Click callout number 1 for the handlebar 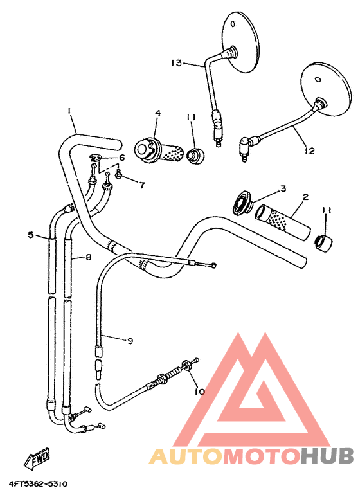(x=69, y=111)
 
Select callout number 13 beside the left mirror (x=176, y=62)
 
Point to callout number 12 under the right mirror (x=310, y=151)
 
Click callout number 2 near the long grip (x=305, y=197)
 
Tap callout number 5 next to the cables (x=30, y=235)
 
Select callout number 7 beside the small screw (x=141, y=185)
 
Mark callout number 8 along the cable (x=88, y=257)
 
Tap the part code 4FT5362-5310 (x=38, y=483)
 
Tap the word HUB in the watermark (x=327, y=456)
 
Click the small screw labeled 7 (x=120, y=175)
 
